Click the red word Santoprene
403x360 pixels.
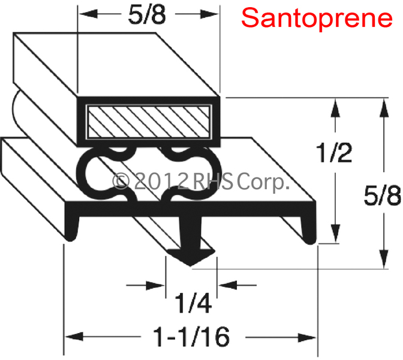click(x=317, y=19)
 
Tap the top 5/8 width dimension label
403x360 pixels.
click(x=147, y=15)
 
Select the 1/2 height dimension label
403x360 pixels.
click(x=335, y=153)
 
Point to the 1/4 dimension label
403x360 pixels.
click(x=193, y=303)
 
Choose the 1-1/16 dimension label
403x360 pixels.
click(x=191, y=337)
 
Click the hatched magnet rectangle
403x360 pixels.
click(x=149, y=122)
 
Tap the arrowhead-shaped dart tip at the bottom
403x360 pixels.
click(x=191, y=257)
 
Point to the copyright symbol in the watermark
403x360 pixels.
click(x=121, y=181)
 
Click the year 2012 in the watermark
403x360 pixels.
click(x=161, y=181)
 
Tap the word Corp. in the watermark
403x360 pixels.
click(x=262, y=182)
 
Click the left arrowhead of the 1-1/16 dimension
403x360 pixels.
click(x=74, y=337)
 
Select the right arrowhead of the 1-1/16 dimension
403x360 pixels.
click(x=307, y=337)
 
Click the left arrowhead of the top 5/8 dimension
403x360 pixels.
click(x=88, y=14)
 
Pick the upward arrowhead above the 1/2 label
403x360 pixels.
click(x=335, y=109)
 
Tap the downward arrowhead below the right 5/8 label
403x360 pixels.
click(x=384, y=259)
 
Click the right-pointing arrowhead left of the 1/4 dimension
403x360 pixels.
click(x=155, y=285)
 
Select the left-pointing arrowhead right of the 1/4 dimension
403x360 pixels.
click(x=227, y=285)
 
